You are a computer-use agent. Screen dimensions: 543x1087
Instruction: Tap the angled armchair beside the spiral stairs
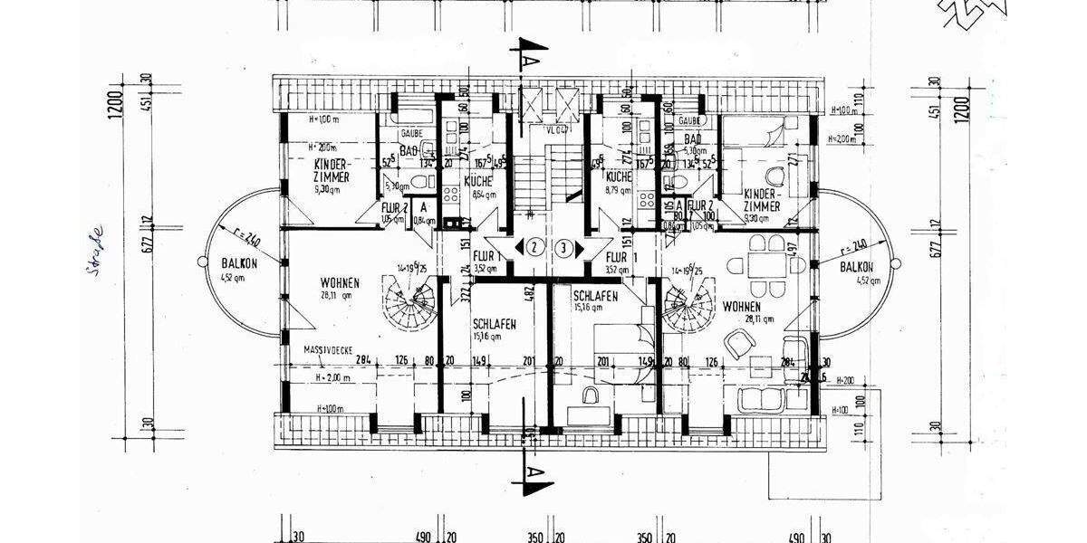pos(740,342)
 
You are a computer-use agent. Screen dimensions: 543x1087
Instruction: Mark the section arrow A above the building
pos(534,55)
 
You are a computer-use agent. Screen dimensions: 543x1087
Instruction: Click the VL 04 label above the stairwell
pos(554,129)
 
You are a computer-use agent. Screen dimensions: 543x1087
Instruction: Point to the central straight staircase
pos(534,186)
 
